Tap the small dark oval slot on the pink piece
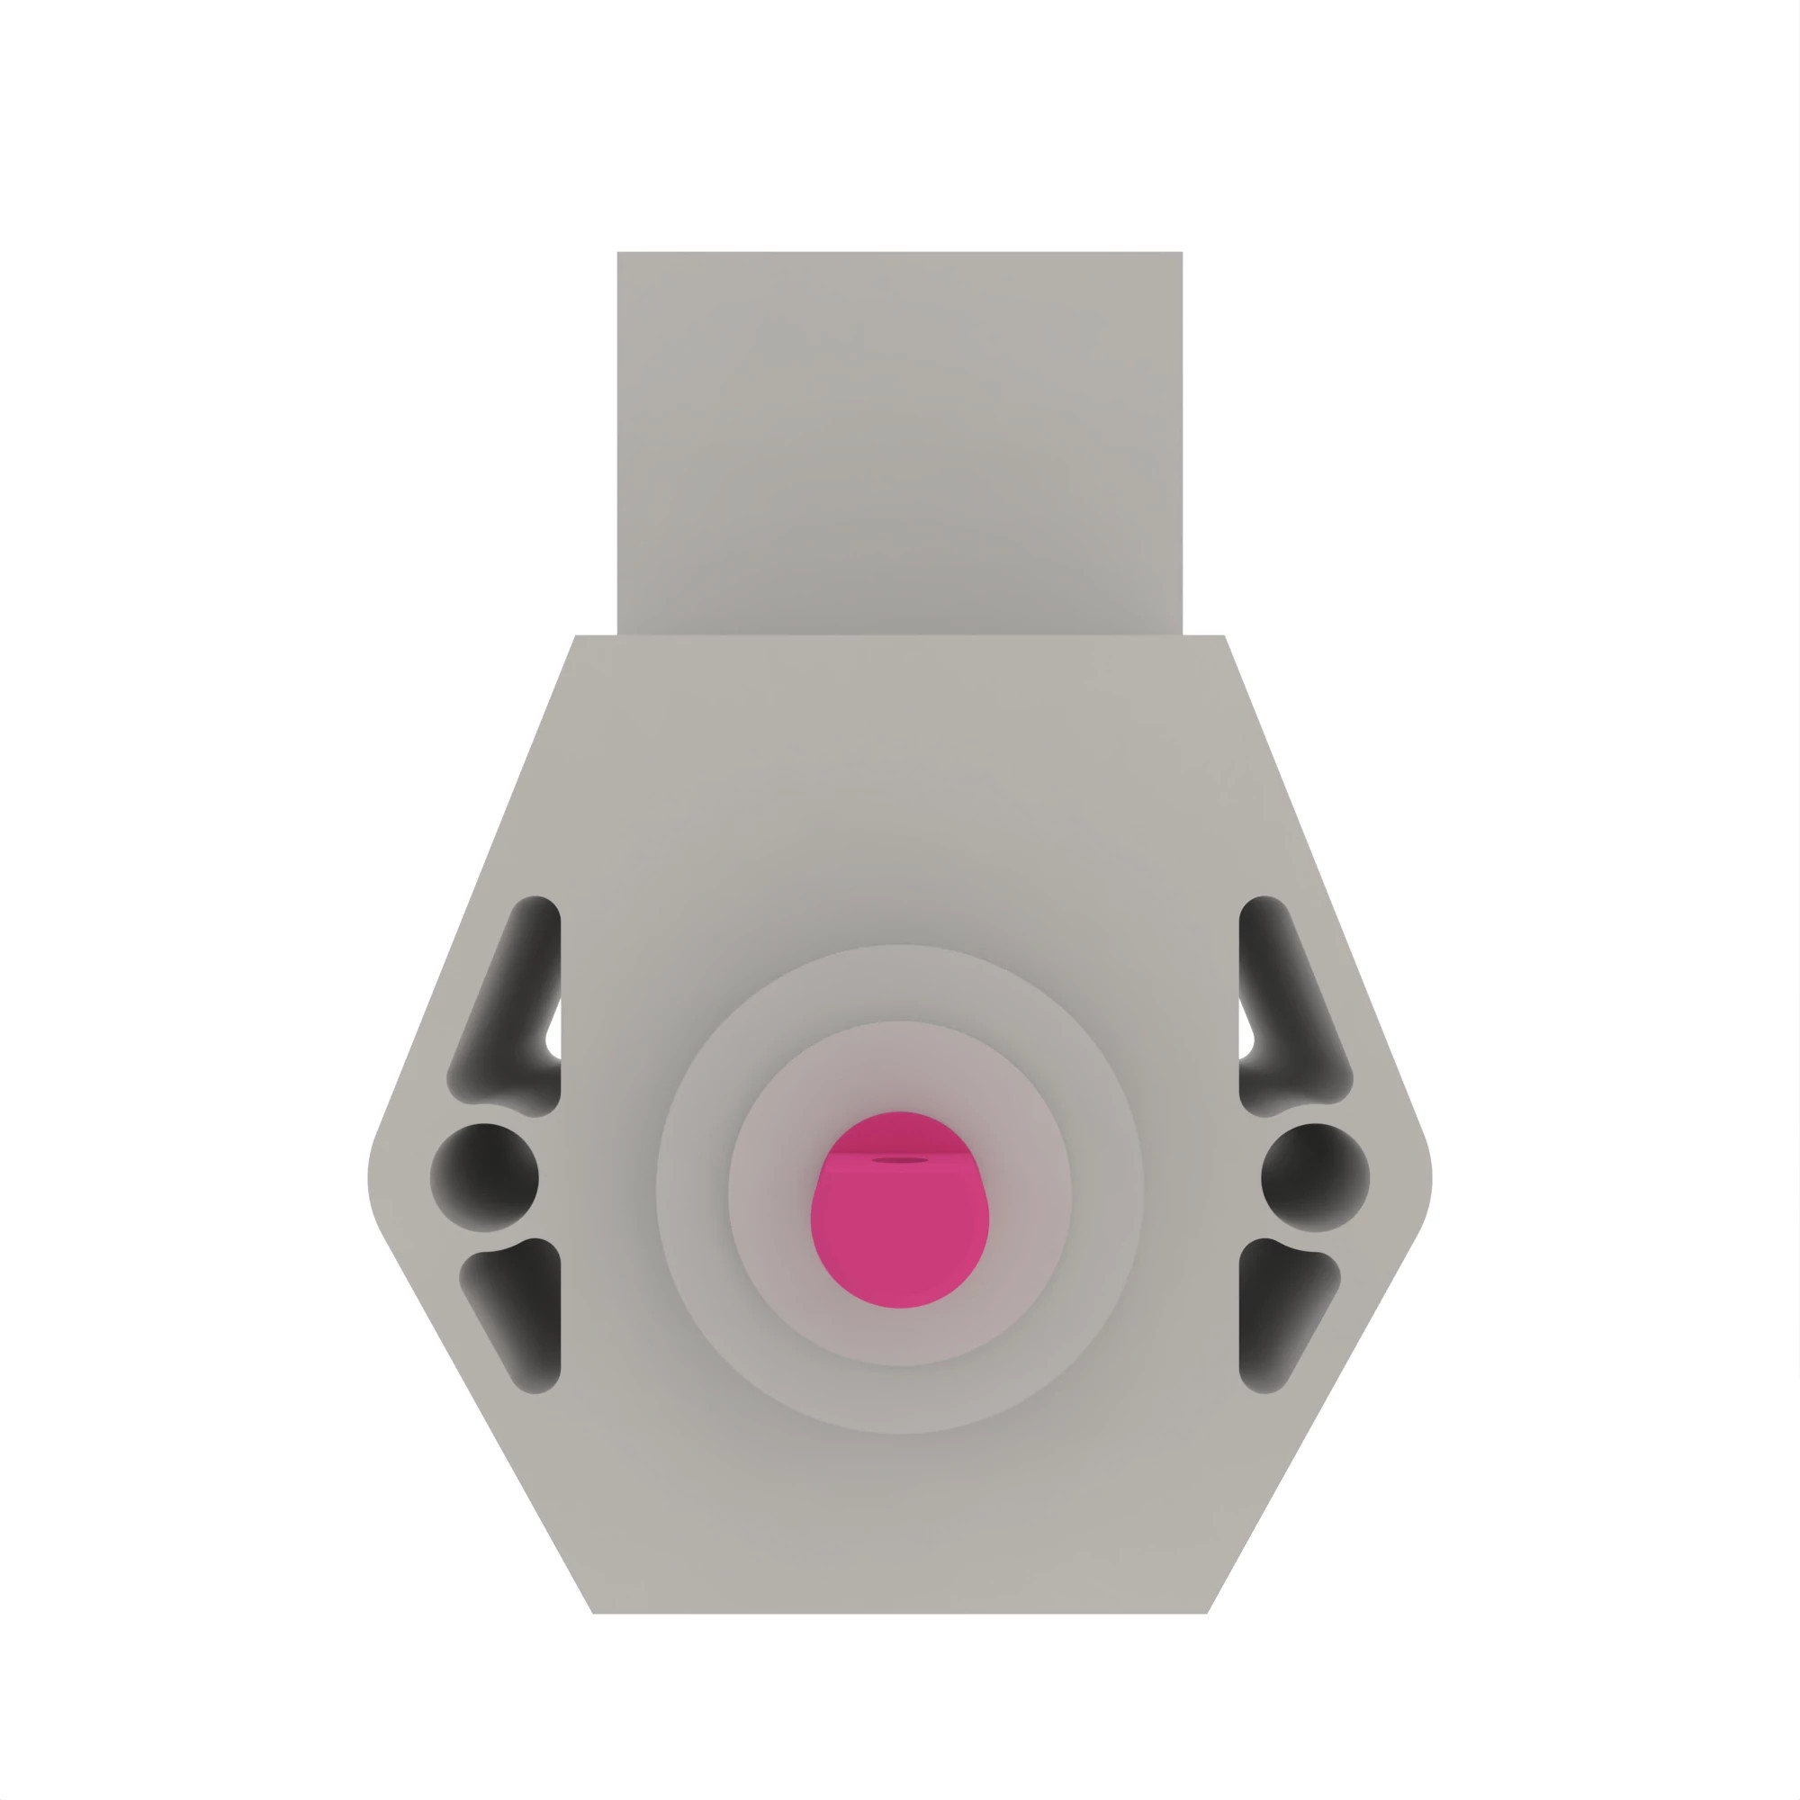click(899, 1160)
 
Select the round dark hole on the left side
click(483, 1176)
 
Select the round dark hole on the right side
click(1315, 1176)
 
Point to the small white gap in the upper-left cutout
click(554, 1031)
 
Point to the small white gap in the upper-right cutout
click(1245, 1031)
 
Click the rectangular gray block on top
click(899, 438)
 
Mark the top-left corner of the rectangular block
click(617, 253)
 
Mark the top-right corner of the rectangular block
click(1182, 253)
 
